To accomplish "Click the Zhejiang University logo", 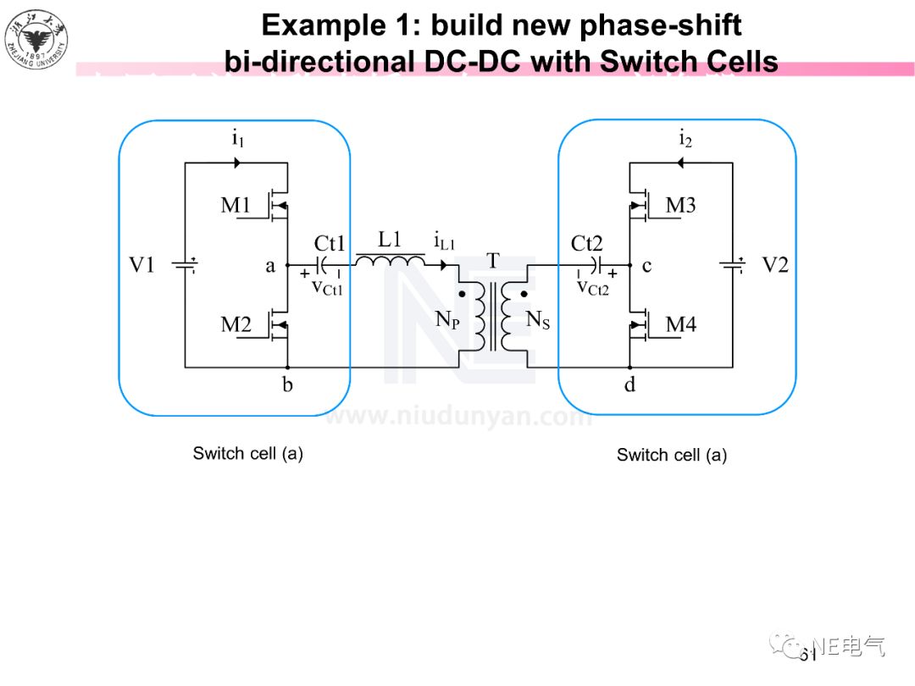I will pyautogui.click(x=36, y=39).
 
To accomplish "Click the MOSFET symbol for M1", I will pyautogui.click(x=275, y=204).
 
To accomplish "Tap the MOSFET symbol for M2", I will pyautogui.click(x=275, y=324).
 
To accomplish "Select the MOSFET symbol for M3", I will pyautogui.click(x=641, y=204).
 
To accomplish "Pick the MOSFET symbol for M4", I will pyautogui.click(x=641, y=324).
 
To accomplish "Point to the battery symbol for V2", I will pyautogui.click(x=733, y=265).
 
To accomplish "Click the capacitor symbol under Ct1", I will pyautogui.click(x=323, y=265).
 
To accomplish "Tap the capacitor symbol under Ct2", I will pyautogui.click(x=595, y=265).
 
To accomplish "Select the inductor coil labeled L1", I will pyautogui.click(x=390, y=260).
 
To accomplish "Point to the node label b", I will pyautogui.click(x=287, y=385).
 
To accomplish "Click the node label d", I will pyautogui.click(x=629, y=385).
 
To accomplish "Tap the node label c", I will pyautogui.click(x=646, y=266).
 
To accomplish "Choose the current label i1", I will pyautogui.click(x=238, y=139).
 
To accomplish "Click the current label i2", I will pyautogui.click(x=685, y=139).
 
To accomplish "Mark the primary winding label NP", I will pyautogui.click(x=447, y=319).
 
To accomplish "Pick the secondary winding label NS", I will pyautogui.click(x=538, y=319).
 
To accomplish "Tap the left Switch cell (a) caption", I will pyautogui.click(x=247, y=453).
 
